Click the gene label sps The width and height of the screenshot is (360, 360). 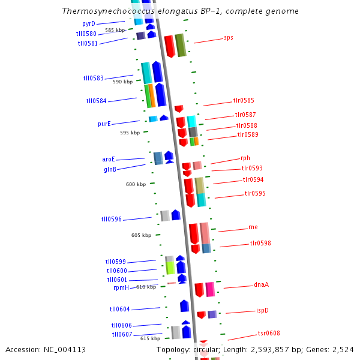[228, 37]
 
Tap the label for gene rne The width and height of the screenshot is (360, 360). [253, 227]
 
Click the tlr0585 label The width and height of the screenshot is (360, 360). [244, 101]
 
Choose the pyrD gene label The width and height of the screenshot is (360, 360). [89, 23]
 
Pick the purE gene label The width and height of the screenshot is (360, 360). [104, 124]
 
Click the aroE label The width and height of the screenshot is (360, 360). [108, 160]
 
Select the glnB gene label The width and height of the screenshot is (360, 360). [109, 169]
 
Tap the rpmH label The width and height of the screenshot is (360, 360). [121, 288]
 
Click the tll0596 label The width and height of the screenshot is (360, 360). [112, 220]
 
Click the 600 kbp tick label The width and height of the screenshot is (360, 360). [136, 184]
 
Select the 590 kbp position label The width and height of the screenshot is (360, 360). [122, 82]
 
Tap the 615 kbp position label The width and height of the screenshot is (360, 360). [150, 338]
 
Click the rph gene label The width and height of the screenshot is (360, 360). [245, 158]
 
